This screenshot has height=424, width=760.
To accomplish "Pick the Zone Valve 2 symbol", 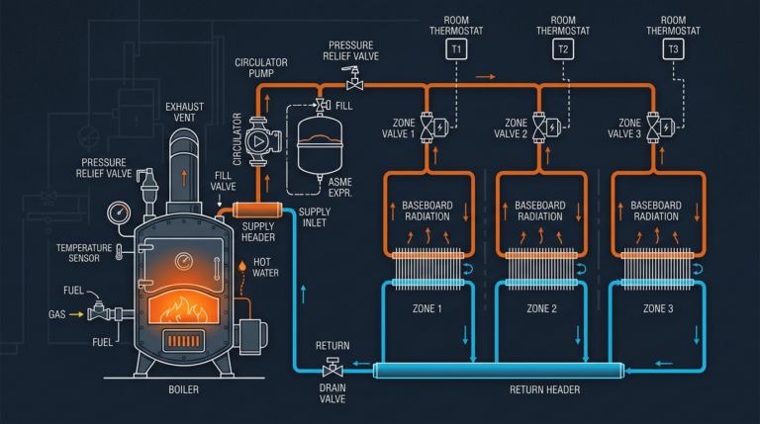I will tap(541, 127).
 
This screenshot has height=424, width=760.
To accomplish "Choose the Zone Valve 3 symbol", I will tap(654, 127).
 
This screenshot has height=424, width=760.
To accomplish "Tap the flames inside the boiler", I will tap(185, 300).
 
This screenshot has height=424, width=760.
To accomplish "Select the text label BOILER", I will tap(183, 390).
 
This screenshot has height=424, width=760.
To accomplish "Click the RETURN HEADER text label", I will tap(544, 390).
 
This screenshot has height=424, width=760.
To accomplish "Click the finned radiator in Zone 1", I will tap(427, 268).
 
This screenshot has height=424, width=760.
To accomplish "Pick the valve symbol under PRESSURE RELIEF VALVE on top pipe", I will tap(351, 85).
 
